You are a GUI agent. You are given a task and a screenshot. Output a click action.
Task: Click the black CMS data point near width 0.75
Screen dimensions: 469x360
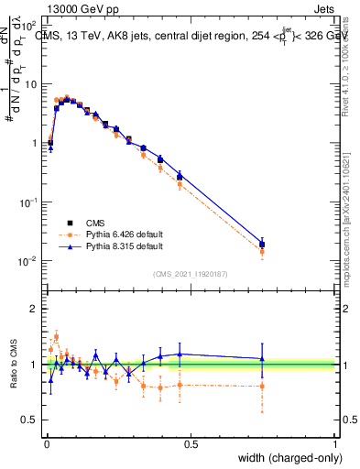pyautogui.click(x=262, y=245)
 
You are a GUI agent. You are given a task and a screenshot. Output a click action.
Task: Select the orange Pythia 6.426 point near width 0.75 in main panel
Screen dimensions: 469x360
pyautogui.click(x=262, y=251)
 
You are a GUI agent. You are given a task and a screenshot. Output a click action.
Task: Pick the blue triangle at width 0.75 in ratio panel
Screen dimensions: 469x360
pyautogui.click(x=262, y=359)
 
